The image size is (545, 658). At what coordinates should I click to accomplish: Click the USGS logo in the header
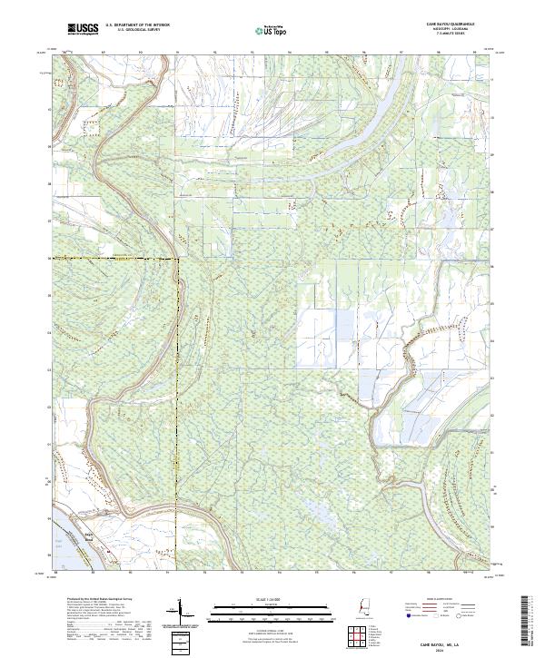[83, 29]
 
